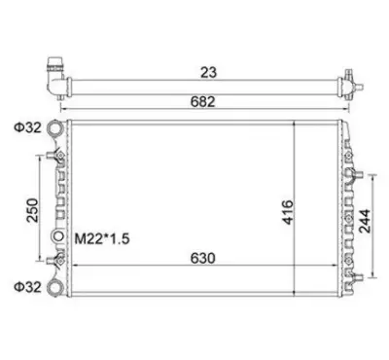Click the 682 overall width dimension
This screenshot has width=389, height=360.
202,102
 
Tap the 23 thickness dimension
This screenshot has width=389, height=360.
208,73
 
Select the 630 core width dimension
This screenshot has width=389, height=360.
202,259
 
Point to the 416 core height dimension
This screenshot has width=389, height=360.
287,212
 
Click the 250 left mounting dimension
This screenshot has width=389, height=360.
32,210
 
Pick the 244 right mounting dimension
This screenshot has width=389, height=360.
365,221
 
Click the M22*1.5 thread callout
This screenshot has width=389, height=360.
102,239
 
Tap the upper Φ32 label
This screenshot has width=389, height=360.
27,127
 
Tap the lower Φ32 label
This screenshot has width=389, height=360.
27,287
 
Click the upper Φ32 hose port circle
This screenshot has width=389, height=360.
54,127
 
